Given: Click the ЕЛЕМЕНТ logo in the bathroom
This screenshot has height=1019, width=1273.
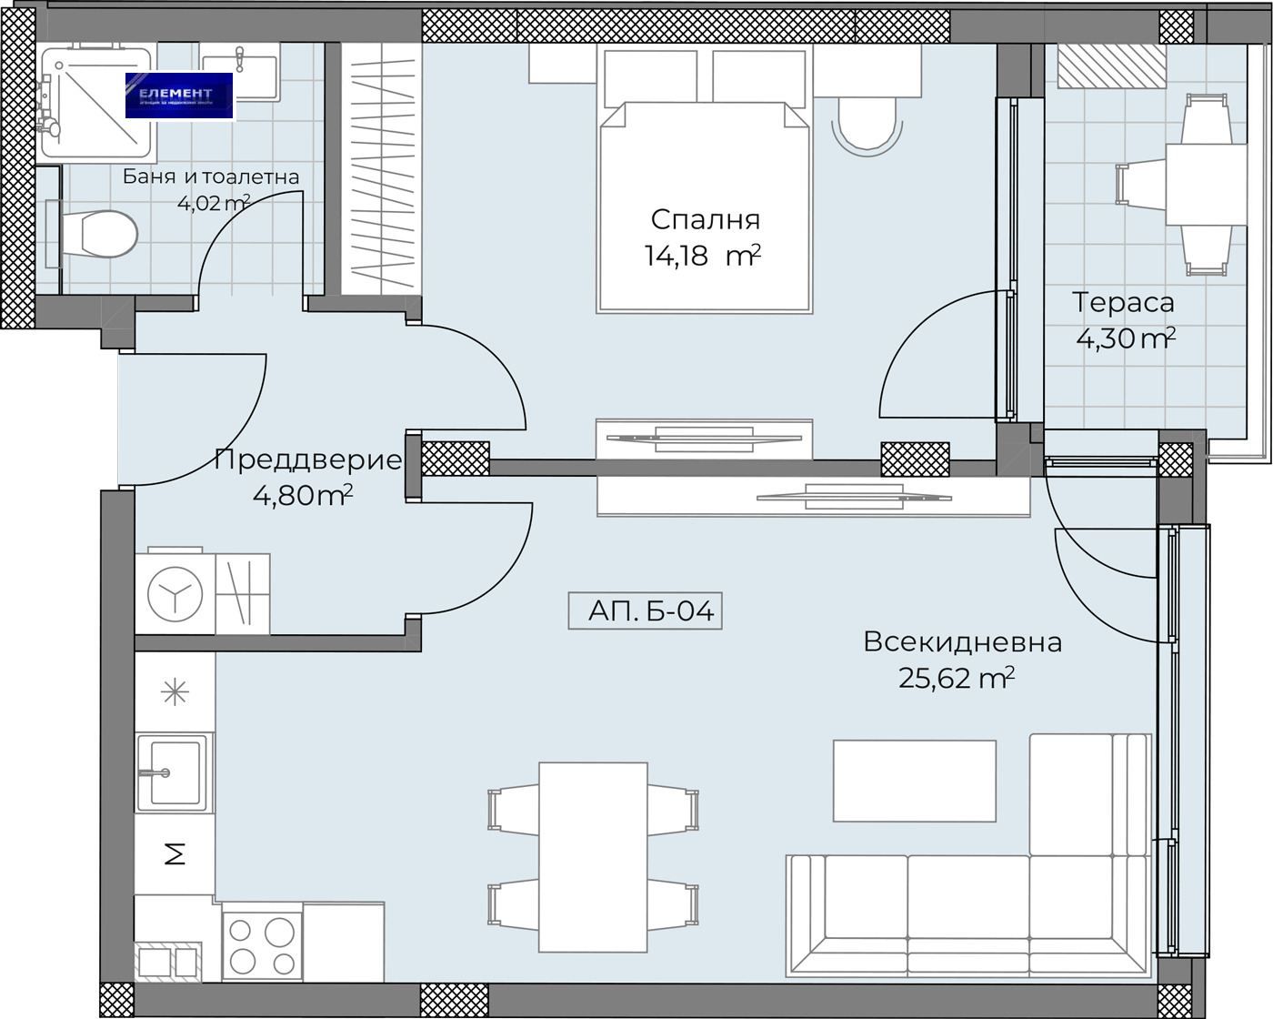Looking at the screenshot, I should tap(179, 96).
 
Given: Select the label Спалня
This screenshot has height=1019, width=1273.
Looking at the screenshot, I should tap(705, 219).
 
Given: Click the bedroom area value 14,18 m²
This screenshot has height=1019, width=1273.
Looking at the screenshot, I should tap(701, 257).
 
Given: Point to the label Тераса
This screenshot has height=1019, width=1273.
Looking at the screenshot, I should tap(1123, 301).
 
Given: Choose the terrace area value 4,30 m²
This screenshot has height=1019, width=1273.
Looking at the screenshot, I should tap(1126, 338).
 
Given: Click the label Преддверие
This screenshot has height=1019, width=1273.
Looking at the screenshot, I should tap(307, 459).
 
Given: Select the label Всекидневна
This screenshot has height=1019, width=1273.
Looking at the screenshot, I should tap(962, 641).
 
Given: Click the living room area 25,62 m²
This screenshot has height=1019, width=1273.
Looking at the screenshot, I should tap(956, 678).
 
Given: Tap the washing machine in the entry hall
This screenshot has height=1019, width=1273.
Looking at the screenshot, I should tap(175, 593).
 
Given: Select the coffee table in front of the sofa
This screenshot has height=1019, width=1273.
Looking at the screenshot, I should tap(914, 781).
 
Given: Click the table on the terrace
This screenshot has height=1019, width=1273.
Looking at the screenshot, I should tap(1196, 183).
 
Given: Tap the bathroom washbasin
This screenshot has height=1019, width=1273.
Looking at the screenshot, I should tap(239, 76).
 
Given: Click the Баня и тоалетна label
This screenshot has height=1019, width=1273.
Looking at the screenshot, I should tap(211, 177).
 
